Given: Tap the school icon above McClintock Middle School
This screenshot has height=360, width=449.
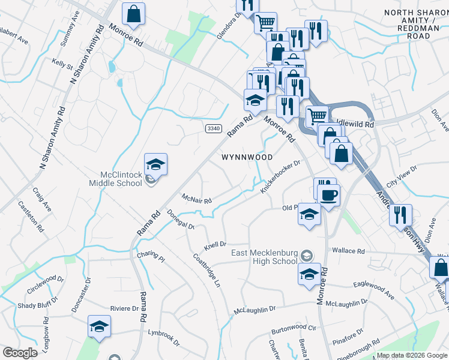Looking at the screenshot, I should click(x=155, y=164).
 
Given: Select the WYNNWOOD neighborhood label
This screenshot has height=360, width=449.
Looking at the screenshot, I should click(x=247, y=157).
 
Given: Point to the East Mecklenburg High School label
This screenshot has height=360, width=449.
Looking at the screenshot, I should click(x=264, y=257).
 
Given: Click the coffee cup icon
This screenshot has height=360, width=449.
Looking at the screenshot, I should click(x=329, y=196).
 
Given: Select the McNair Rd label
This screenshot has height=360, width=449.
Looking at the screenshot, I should click(x=197, y=199).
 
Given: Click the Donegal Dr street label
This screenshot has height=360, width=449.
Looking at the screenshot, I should click(x=181, y=220).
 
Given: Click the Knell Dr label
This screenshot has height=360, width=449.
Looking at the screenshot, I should click(x=214, y=245).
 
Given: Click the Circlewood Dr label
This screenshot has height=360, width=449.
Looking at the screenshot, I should click(x=45, y=284).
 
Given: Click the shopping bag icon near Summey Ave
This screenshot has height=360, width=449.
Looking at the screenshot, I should click(x=133, y=14).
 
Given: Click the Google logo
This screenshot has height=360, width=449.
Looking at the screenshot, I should click(x=20, y=353).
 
